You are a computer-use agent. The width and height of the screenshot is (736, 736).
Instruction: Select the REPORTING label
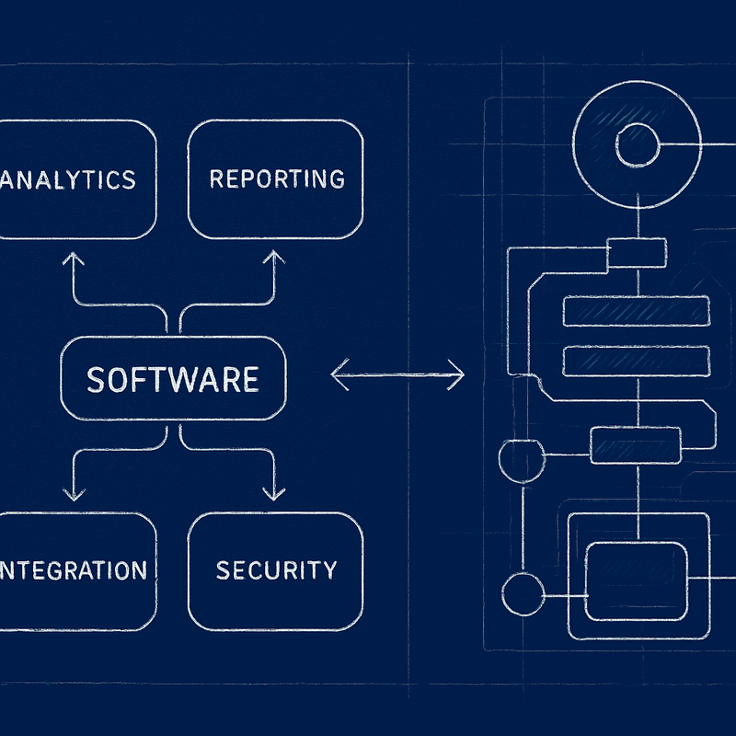tap(276, 178)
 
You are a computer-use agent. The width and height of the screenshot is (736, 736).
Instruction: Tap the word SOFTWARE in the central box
tap(172, 379)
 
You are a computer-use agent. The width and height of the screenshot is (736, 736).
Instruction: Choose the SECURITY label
tap(276, 570)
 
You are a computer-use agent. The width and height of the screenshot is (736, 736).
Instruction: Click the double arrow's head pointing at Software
tap(335, 374)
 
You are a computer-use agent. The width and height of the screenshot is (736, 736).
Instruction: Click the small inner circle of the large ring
tap(637, 145)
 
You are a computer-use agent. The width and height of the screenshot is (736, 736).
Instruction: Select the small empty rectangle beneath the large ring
tap(637, 252)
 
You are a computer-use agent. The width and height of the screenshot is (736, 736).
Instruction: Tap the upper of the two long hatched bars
tap(637, 312)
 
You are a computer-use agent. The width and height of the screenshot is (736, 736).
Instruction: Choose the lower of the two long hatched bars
tap(637, 359)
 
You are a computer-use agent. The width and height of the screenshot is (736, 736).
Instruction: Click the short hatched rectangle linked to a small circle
tap(636, 445)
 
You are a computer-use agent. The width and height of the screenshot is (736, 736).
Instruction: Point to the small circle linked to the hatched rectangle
tap(521, 456)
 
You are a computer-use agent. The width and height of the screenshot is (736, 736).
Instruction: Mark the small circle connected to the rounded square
tap(523, 593)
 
